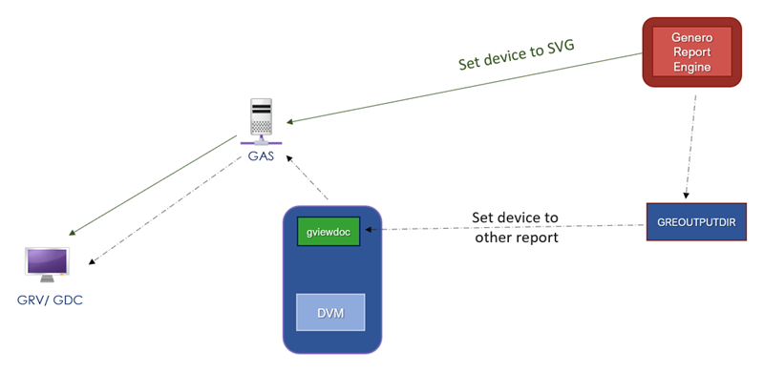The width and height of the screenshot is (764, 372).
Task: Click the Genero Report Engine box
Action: tap(691, 53)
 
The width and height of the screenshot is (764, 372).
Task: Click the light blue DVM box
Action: tap(329, 312)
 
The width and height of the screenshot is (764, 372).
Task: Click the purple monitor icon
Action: tap(48, 262)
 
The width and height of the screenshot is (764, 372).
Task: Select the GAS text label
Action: tap(260, 155)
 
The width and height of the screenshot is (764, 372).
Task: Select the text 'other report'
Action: tap(517, 237)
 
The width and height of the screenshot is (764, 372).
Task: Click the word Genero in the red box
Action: tap(692, 37)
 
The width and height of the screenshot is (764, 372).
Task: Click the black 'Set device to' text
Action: tap(515, 217)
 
